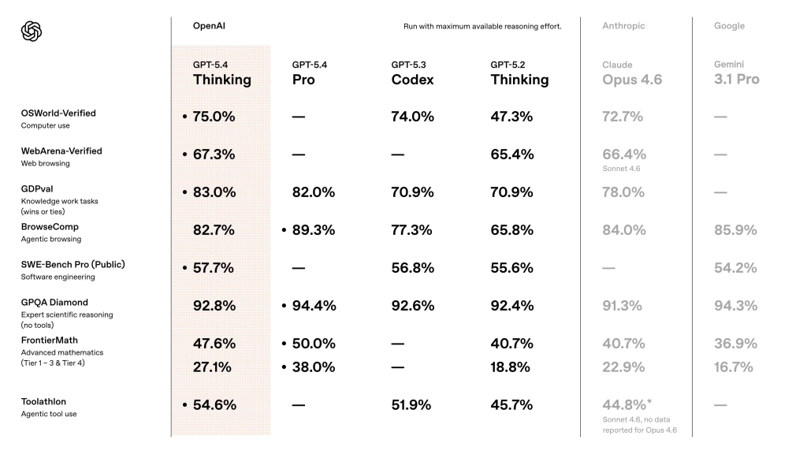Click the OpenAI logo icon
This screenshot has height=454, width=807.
pos(32,31)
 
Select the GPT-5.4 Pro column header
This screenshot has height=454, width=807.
pos(305,73)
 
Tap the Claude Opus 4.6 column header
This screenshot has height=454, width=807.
pos(632,73)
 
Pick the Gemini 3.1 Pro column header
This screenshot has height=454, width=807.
pos(736,73)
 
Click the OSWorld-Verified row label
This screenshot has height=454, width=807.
pos(58,113)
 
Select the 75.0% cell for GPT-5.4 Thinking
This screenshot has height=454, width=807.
pos(214,117)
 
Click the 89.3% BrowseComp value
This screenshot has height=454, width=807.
pos(313,230)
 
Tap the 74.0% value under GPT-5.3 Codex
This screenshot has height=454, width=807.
pos(412,117)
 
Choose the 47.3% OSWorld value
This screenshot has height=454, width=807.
pos(511,117)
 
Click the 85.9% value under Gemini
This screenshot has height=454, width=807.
pos(735,230)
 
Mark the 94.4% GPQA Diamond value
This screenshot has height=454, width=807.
pos(313,306)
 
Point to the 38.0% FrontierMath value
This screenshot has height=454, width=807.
pos(313,367)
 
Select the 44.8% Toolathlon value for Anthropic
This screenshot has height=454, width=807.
pos(623,405)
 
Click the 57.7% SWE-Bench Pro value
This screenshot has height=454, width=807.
pos(214,268)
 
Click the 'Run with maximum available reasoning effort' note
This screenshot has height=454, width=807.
pos(482,26)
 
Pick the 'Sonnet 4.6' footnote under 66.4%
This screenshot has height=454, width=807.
pos(620,169)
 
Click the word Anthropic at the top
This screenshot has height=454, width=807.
pos(623,26)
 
